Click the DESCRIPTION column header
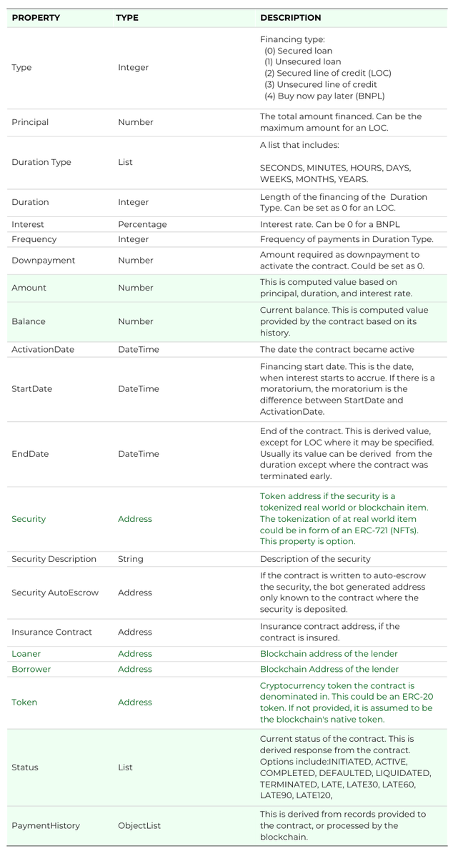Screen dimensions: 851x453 pos(290,18)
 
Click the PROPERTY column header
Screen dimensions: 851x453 pos(36,18)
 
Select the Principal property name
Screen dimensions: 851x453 pos(30,122)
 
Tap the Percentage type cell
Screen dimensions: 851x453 pos(142,224)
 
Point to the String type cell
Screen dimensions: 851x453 pos(130,559)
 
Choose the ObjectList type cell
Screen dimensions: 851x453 pos(139,825)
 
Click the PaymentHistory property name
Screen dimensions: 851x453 pos(46,825)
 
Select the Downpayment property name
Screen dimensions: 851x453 pos(43,261)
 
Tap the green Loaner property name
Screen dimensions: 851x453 pos(26,653)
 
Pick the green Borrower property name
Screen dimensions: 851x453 pos(31,669)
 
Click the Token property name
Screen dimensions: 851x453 pos(24,703)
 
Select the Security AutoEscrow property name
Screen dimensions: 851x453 pos(55,593)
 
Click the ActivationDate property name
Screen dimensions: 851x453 pos(43,350)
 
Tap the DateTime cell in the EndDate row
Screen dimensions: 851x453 pos(139,454)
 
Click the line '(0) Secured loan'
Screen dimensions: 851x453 pos(298,51)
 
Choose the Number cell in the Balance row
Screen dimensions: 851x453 pos(136,321)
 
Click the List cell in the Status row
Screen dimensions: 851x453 pos(125,767)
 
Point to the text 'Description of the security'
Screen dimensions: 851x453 pos(315,559)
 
